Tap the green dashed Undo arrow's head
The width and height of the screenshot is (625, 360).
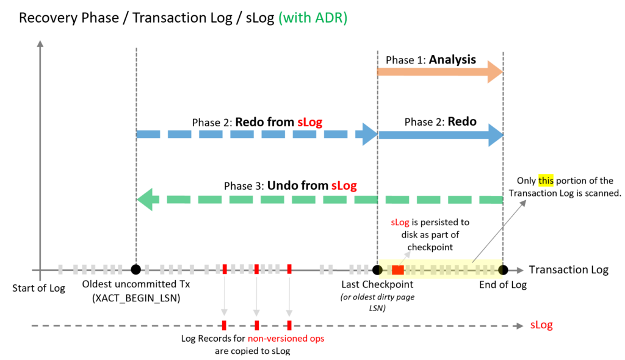click(145, 199)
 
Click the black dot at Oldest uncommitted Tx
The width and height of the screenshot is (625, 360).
click(135, 269)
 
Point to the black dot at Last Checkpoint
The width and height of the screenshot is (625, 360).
click(377, 269)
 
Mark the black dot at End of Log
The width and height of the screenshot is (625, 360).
click(503, 269)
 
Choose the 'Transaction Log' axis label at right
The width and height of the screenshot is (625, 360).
click(568, 270)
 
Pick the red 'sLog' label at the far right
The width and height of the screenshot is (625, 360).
click(541, 325)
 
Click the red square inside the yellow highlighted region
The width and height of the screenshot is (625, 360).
click(398, 270)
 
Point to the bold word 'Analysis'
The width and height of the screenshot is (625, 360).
click(452, 60)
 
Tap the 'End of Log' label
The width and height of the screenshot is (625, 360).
click(503, 284)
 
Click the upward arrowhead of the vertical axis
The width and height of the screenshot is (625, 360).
click(40, 44)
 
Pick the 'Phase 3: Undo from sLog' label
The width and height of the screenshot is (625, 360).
click(290, 185)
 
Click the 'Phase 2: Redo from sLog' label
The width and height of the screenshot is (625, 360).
click(257, 122)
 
